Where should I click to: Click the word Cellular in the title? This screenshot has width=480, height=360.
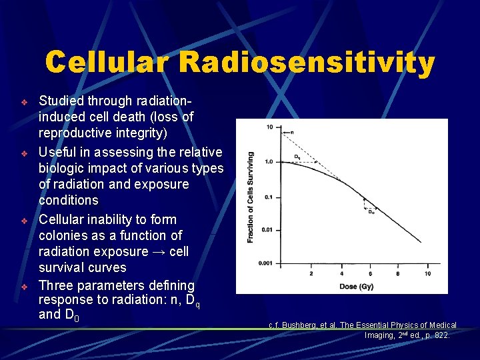point(107,63)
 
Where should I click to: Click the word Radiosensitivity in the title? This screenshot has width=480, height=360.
point(307,63)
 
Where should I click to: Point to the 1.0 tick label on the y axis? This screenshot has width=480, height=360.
point(269,161)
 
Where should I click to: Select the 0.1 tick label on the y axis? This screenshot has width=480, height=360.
point(269,197)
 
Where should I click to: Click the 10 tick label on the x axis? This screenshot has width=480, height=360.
point(427,273)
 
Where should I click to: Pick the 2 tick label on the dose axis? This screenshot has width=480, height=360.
point(311,273)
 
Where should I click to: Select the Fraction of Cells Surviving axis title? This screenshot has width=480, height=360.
point(251,197)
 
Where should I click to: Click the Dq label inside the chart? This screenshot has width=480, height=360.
point(297,158)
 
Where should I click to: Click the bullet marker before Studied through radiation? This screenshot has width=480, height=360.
point(23,102)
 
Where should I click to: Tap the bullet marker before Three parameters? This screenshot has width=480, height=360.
point(23,287)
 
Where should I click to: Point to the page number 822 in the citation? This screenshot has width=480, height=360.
point(439,335)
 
